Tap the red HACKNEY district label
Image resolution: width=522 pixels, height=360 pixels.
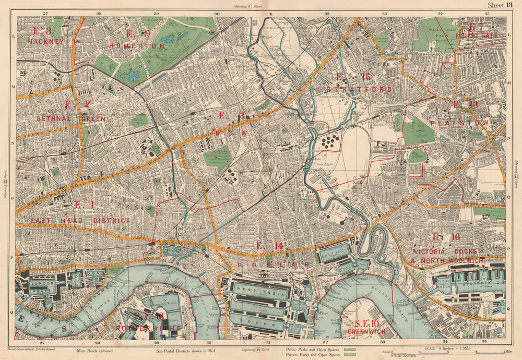46,41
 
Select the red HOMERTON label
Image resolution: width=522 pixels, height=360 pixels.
137,46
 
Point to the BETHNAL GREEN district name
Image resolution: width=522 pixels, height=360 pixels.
71,119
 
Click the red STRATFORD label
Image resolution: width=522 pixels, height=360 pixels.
359,89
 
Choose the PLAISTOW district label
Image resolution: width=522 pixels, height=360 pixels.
460,123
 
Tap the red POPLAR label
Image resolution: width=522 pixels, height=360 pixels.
274,265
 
